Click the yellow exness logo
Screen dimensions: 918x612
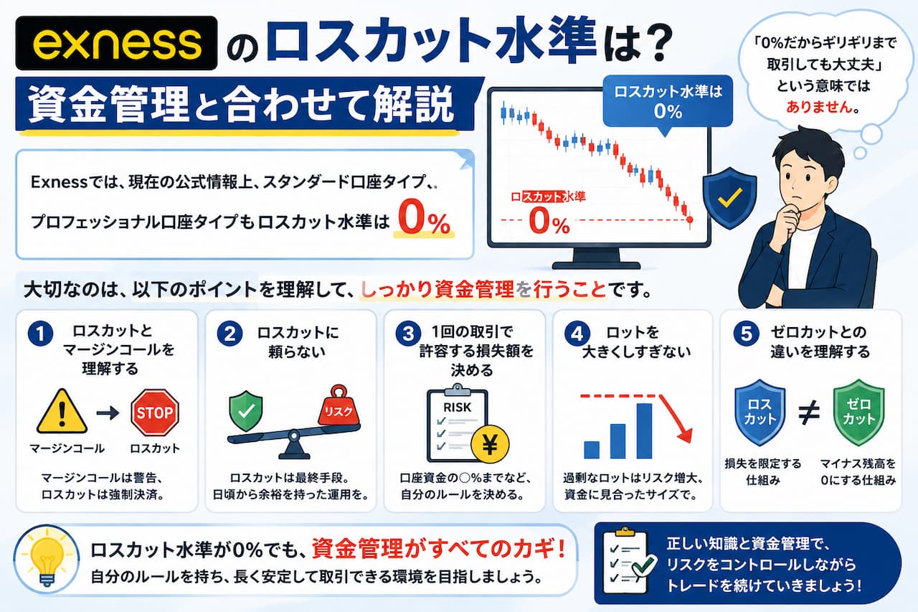point(117,44)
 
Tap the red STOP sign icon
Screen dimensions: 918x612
point(155,413)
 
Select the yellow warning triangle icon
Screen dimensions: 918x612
point(62,412)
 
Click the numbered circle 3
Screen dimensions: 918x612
point(408,334)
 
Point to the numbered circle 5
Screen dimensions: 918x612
point(747,334)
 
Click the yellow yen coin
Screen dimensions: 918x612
point(490,445)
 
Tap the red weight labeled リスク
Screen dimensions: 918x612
point(339,406)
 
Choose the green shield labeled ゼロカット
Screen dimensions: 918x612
point(858,412)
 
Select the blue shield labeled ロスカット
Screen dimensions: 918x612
point(760,412)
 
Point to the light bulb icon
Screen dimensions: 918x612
point(47,558)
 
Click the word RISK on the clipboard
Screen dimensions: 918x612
point(458,408)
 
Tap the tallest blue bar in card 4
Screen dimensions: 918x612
point(644,430)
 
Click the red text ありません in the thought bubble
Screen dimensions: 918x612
point(818,108)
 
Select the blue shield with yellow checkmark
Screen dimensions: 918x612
point(729,198)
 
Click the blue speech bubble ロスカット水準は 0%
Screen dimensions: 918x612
point(668,102)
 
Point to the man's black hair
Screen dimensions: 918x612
point(808,149)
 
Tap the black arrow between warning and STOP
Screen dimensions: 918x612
point(108,413)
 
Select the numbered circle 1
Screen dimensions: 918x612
point(40,334)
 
